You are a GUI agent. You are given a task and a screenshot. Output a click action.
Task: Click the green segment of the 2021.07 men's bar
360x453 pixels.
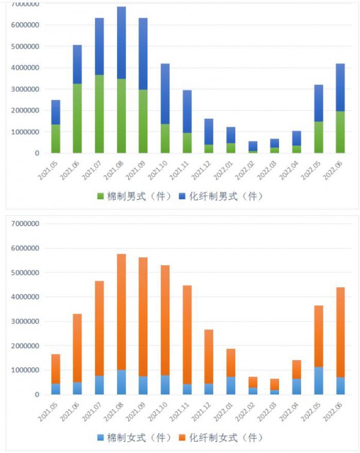[99, 114]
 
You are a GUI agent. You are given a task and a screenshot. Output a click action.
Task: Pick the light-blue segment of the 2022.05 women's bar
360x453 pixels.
[319, 380]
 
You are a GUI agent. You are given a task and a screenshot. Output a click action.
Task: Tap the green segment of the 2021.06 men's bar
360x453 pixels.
[77, 118]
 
